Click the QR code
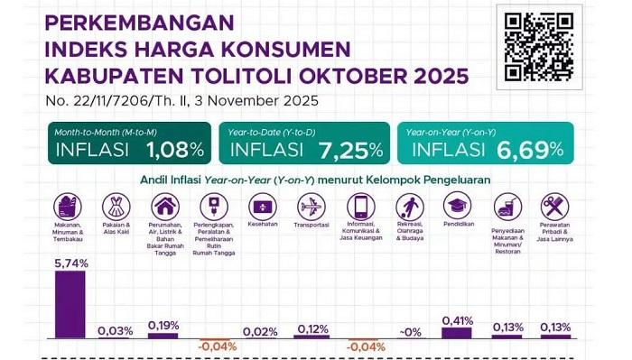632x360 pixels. coord(539,47)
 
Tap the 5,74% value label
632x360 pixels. coord(71,263)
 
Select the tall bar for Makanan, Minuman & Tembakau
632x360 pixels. coord(70,304)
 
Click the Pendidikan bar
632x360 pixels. coord(457,333)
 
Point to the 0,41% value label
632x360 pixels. coord(458,321)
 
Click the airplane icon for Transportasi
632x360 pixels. coord(311,207)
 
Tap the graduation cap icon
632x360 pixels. coord(457,206)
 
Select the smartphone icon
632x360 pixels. coord(361,207)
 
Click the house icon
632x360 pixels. coord(165,207)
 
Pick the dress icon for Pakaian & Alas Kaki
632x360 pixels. coord(116,207)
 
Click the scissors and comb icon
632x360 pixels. coord(554,207)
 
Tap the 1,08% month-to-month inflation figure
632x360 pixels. coord(175,150)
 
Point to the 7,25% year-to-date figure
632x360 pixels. coord(351,150)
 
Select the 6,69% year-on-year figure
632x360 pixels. coord(530,150)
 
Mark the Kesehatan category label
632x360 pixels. coord(263,224)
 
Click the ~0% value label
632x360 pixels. coord(410,332)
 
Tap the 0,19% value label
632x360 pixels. coord(163,326)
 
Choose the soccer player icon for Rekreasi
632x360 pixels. coord(410,207)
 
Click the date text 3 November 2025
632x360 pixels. coord(256,101)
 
